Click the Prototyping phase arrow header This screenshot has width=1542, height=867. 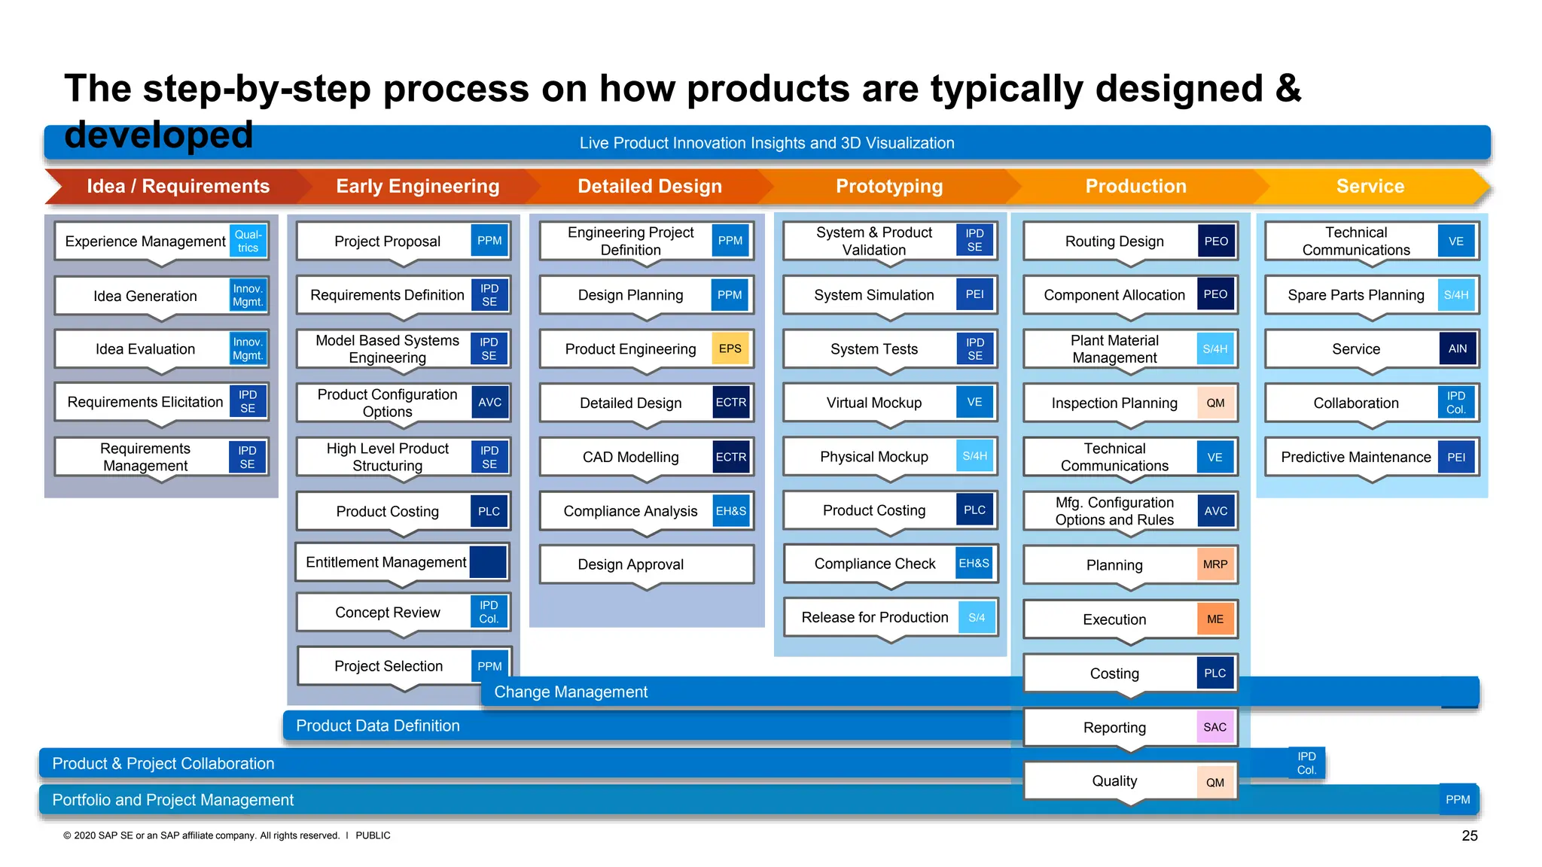tap(888, 186)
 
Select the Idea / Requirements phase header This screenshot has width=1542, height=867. tap(178, 186)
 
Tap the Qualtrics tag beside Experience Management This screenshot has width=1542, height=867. tap(248, 241)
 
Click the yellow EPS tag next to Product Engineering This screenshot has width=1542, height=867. tap(730, 348)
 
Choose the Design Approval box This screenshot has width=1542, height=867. tap(630, 564)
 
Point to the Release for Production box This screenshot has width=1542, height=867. tap(874, 617)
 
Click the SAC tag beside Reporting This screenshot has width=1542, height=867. tap(1214, 727)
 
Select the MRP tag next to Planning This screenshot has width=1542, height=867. tap(1214, 564)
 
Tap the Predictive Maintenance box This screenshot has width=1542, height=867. tap(1355, 457)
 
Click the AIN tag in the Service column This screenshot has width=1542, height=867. tap(1457, 348)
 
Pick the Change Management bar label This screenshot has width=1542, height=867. tap(571, 692)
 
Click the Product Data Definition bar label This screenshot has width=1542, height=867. tap(377, 726)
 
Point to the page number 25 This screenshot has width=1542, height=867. tap(1469, 835)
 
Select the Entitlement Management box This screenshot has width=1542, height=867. tap(385, 562)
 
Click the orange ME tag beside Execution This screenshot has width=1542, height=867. tap(1214, 619)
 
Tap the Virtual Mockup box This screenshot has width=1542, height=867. tap(873, 403)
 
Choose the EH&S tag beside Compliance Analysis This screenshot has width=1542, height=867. tap(730, 511)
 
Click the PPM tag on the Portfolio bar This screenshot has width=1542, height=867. tap(1457, 799)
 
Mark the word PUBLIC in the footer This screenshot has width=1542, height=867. tap(373, 835)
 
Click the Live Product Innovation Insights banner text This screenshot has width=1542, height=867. tap(766, 143)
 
